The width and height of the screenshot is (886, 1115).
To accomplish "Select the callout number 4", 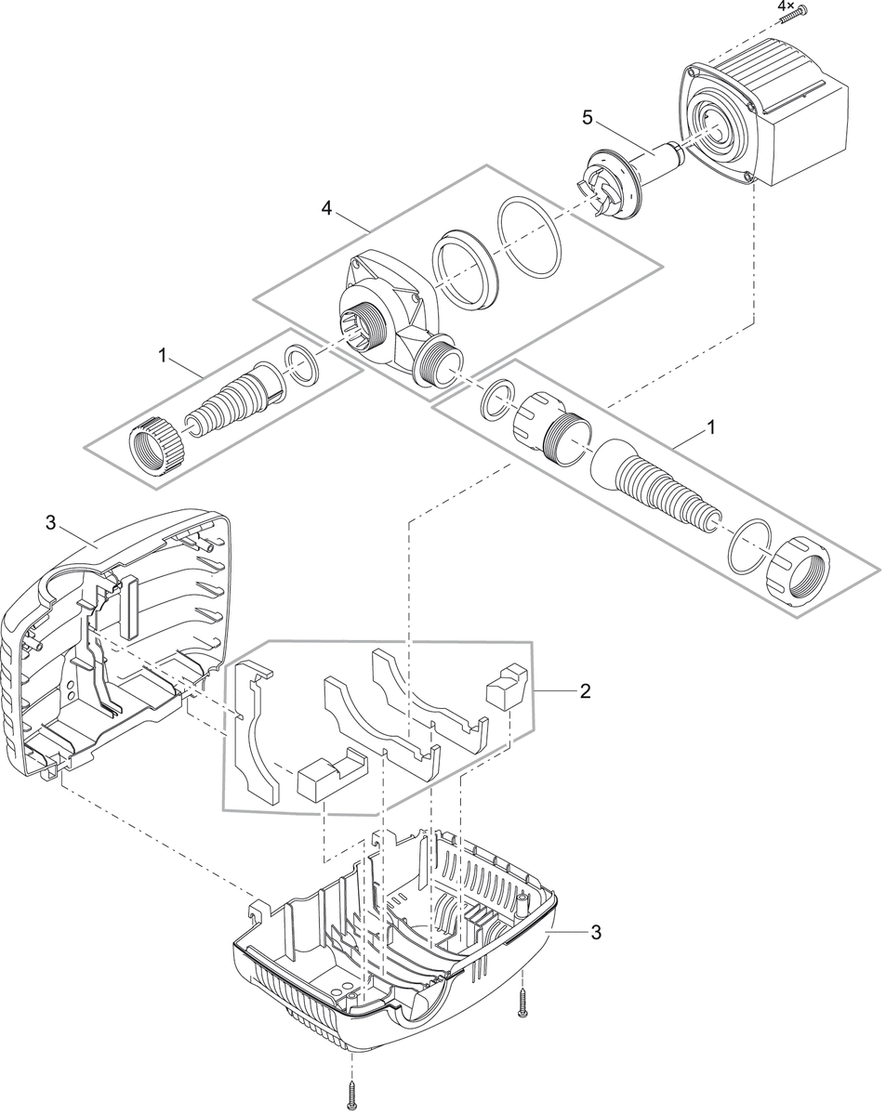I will tap(326, 208).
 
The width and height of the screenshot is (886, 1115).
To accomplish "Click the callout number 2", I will tap(584, 690).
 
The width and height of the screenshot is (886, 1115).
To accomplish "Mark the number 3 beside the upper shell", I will tap(50, 523).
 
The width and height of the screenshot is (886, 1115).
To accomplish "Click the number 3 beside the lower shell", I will tap(595, 932).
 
